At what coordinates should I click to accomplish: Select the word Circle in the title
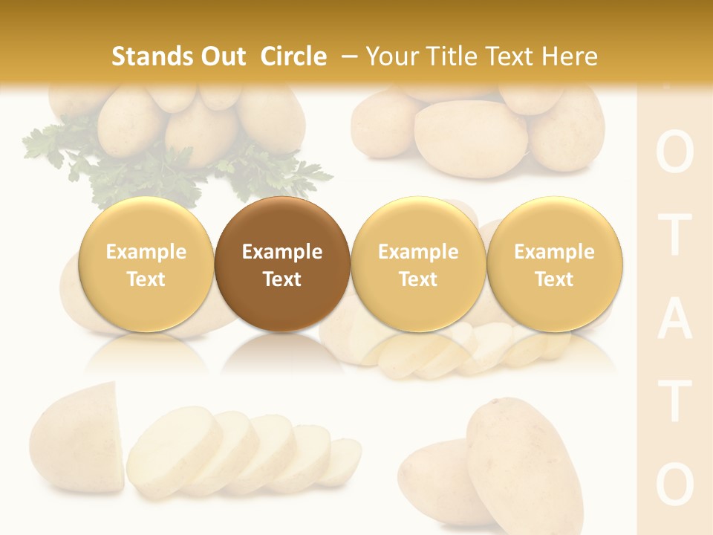[293, 56]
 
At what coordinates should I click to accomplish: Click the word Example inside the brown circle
[282, 252]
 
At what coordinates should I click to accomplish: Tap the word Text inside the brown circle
[282, 279]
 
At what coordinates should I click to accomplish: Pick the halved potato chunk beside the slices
[78, 438]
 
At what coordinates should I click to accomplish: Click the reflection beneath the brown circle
[282, 354]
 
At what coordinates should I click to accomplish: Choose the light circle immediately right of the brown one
[418, 265]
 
